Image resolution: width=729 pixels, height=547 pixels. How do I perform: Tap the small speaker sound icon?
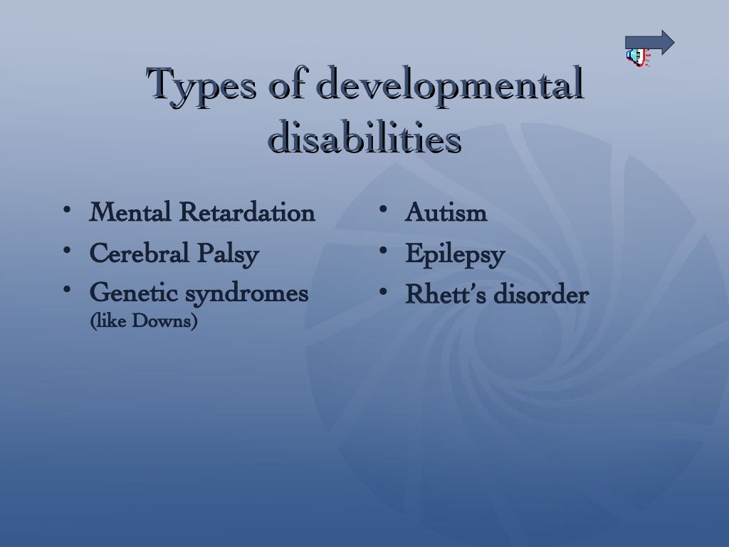(638, 57)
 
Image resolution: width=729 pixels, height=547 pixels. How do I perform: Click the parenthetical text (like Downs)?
(143, 321)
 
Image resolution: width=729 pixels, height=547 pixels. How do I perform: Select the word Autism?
(446, 212)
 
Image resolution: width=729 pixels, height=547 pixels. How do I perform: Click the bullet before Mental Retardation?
(66, 211)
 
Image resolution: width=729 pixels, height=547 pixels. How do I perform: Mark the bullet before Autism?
(382, 211)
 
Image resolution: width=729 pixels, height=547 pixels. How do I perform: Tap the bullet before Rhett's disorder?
(382, 293)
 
